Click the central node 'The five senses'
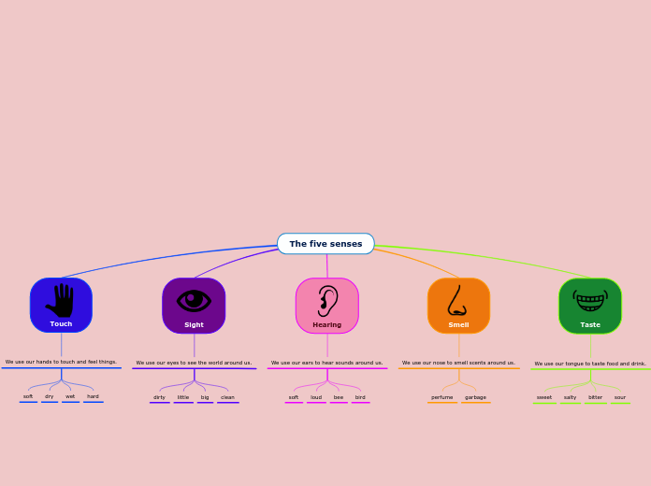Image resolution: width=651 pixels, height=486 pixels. (325, 244)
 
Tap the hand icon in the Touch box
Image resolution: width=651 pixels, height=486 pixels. (61, 300)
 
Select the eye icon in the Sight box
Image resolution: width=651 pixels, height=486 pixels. (194, 300)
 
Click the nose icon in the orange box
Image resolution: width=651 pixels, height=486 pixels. (457, 301)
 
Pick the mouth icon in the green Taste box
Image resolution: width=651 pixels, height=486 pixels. (590, 301)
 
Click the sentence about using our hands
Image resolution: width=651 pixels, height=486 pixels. (61, 362)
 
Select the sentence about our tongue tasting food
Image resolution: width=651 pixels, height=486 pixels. (590, 364)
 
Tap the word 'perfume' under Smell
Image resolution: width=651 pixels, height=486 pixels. (442, 397)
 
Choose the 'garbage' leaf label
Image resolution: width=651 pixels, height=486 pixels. (475, 397)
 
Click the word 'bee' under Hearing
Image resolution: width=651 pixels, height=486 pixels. (339, 397)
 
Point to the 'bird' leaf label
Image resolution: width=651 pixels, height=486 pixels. (360, 397)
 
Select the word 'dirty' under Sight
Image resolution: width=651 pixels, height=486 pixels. (159, 397)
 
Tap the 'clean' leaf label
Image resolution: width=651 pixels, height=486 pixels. (227, 397)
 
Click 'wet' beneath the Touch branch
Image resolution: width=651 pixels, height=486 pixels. (70, 396)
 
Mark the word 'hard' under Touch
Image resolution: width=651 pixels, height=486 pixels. (93, 396)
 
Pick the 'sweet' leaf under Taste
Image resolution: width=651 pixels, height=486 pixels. (544, 397)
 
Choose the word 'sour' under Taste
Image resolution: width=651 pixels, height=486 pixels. (620, 397)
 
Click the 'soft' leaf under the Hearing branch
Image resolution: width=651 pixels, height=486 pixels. (294, 397)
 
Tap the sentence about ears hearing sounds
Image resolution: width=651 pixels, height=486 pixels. (326, 363)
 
